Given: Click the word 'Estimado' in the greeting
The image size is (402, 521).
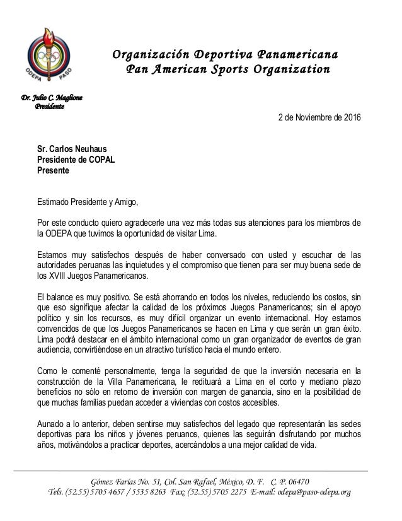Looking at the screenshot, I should coord(55,202).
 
